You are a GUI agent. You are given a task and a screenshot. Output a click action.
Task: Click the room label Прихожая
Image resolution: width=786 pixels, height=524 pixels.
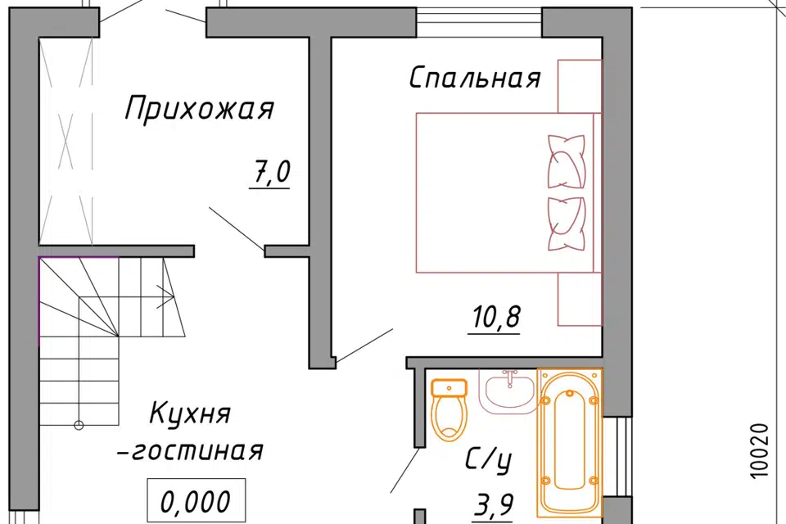click(199, 110)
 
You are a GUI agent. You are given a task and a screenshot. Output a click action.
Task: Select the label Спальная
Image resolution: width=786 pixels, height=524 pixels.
click(475, 79)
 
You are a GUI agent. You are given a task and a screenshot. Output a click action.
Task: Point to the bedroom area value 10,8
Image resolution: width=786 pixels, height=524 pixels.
click(496, 316)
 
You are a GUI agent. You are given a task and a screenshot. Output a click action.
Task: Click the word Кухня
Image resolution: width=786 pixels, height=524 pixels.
click(191, 413)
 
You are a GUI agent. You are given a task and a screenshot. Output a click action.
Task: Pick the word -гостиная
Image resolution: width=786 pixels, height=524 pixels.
click(198, 452)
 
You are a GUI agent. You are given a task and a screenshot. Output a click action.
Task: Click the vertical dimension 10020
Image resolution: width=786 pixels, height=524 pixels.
click(758, 450)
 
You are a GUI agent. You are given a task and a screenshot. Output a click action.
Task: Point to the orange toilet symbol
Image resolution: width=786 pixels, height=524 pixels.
click(449, 409)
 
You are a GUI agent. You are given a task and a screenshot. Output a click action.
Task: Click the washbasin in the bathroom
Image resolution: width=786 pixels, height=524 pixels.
click(508, 391)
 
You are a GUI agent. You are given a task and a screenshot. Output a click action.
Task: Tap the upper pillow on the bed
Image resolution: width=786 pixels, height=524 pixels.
click(567, 160)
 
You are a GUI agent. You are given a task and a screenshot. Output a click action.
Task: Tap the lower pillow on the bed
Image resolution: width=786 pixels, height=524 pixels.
click(567, 223)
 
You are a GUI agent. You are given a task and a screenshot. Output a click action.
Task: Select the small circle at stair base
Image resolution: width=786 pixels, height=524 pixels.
click(79, 424)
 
